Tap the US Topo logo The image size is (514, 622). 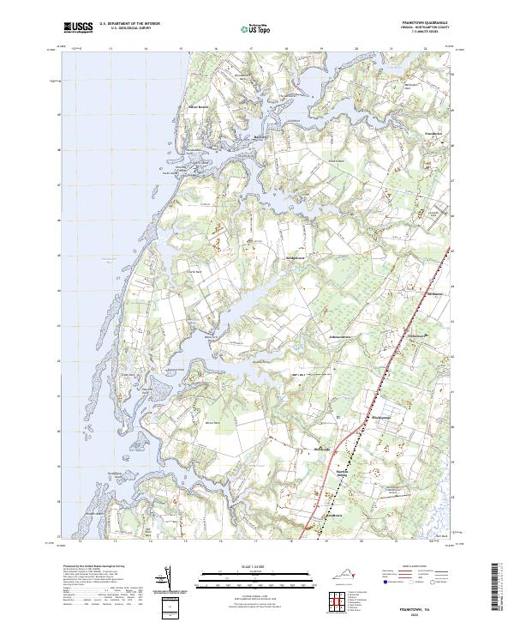coord(255,29)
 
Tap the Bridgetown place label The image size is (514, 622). coord(296,257)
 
